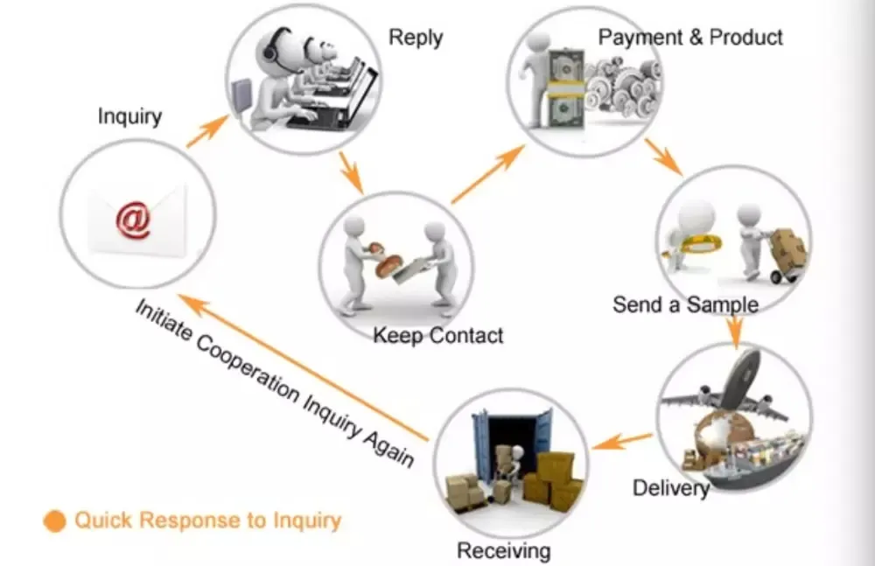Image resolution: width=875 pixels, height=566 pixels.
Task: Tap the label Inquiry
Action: click(x=129, y=115)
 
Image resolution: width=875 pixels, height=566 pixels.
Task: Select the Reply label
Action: click(x=416, y=38)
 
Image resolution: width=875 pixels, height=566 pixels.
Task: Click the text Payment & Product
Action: click(x=690, y=37)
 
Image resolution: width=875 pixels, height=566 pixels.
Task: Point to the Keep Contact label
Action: click(x=438, y=335)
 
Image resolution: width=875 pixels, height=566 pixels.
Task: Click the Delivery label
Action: click(x=671, y=487)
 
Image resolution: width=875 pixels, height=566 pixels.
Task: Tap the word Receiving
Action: click(x=504, y=550)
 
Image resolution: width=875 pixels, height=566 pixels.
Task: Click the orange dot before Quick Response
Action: click(x=54, y=521)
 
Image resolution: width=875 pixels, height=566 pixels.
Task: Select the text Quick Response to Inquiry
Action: click(x=207, y=521)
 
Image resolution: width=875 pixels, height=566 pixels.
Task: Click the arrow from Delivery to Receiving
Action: click(x=622, y=440)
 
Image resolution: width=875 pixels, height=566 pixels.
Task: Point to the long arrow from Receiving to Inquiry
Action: click(x=306, y=368)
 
